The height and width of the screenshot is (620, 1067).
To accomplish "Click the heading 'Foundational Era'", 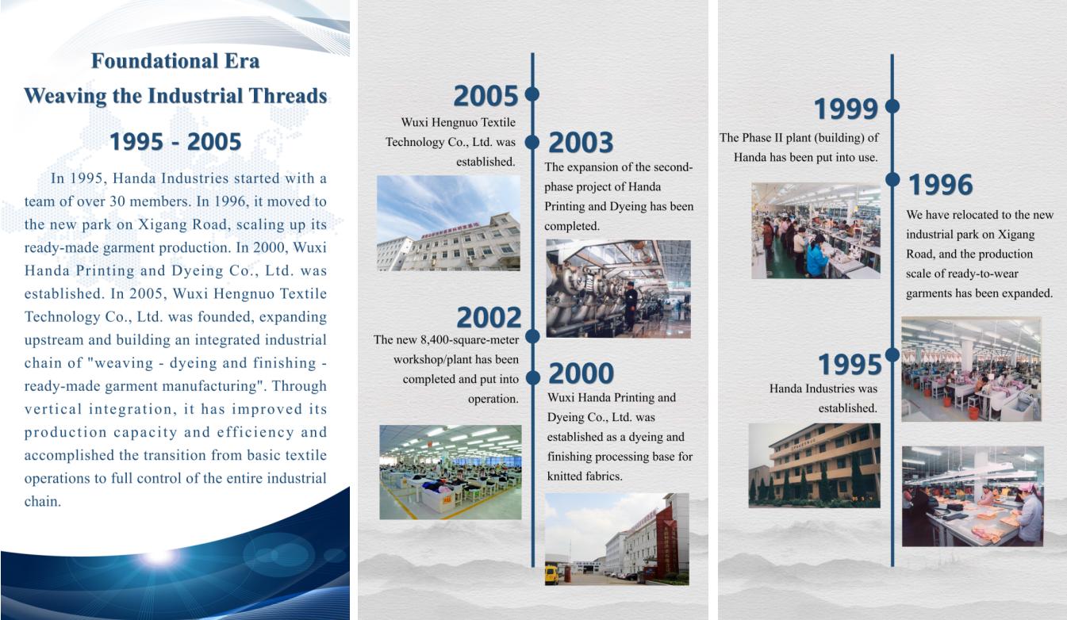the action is click(175, 61).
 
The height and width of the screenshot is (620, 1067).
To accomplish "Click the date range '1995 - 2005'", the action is click(175, 141).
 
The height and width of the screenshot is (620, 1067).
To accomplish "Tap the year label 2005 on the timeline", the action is click(486, 96).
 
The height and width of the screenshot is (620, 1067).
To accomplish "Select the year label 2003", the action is click(581, 143).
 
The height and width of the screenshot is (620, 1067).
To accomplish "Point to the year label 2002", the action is click(489, 317).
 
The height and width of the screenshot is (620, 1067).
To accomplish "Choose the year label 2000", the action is click(581, 373).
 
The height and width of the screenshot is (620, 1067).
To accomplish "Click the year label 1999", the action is click(846, 109).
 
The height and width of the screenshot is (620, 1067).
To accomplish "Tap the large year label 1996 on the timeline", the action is click(940, 184).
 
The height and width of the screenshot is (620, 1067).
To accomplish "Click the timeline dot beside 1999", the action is click(892, 105).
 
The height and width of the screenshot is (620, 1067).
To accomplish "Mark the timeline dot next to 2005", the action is click(532, 94).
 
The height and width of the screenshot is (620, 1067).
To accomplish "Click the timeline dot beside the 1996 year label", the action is click(892, 179).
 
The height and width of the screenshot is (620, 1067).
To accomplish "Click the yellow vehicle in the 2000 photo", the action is click(551, 574).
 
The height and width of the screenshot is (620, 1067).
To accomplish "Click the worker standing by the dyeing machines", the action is click(631, 305).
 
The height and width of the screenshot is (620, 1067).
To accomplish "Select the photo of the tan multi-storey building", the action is click(815, 465).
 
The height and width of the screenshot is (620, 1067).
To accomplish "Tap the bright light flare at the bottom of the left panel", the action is click(159, 557).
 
